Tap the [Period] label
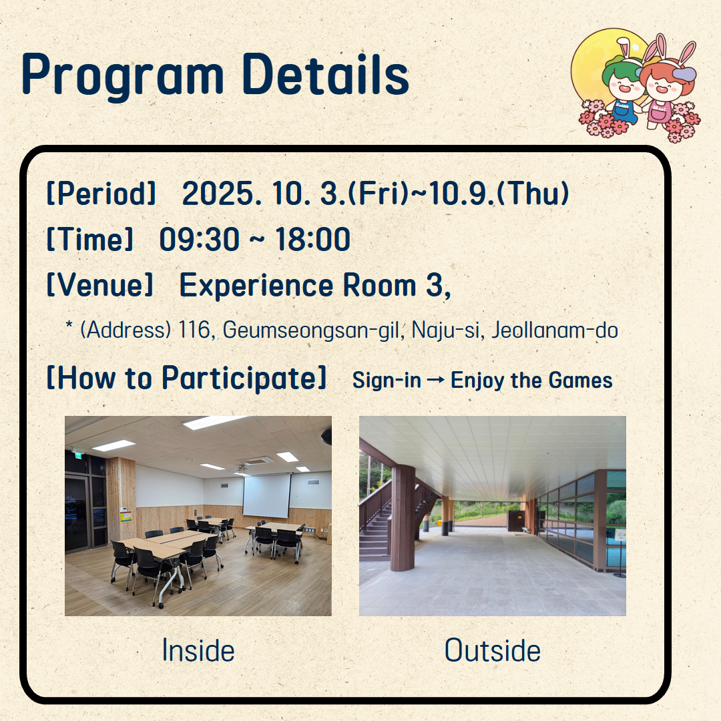click(x=101, y=194)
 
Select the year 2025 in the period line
click(x=218, y=193)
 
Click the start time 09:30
click(x=199, y=239)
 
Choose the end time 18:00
click(x=312, y=239)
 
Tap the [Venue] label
click(x=99, y=285)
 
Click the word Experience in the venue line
click(x=256, y=286)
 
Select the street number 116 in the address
click(x=194, y=330)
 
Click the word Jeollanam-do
click(x=555, y=330)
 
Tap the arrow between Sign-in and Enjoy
click(x=435, y=380)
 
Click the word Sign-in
click(x=387, y=381)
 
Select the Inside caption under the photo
click(x=198, y=651)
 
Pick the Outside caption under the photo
click(x=493, y=651)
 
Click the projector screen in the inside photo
click(x=266, y=495)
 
